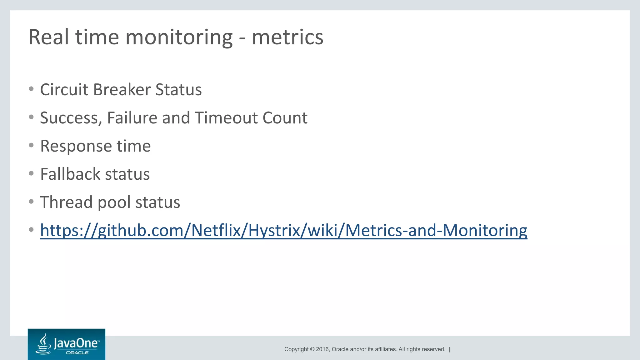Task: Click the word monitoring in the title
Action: coord(179,37)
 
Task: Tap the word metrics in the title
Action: coord(287,37)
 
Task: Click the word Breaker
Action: coord(122,90)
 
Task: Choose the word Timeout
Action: coord(226,118)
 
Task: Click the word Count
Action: coord(285,118)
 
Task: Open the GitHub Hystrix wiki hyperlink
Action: coord(283,231)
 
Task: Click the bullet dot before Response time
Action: coord(31,145)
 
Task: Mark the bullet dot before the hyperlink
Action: coord(31,230)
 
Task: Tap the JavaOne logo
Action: coord(66,344)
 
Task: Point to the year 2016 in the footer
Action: coord(322,349)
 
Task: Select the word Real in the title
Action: coord(48,37)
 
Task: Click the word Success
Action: coord(71,118)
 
